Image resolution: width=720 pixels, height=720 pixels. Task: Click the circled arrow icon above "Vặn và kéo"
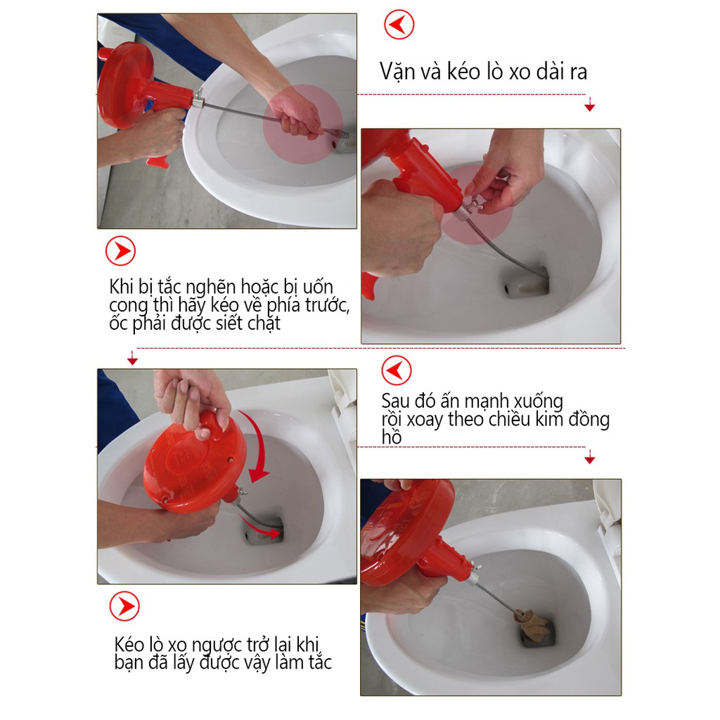pos(399,25)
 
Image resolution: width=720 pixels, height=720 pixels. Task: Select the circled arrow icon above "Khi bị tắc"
pos(120,251)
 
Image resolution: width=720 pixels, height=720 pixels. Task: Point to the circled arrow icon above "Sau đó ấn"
pos(397,370)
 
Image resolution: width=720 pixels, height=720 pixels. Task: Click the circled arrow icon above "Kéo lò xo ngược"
pos(124,606)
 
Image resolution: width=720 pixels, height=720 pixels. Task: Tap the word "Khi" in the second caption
pos(121,287)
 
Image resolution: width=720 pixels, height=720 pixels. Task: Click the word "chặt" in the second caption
pos(264,323)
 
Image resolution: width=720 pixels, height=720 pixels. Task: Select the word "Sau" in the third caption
pos(395,401)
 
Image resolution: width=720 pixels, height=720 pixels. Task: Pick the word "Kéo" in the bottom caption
pos(129,644)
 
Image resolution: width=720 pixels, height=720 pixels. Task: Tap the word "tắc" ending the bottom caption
pos(320,662)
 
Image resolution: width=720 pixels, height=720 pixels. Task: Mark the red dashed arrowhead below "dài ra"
pos(590,107)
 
